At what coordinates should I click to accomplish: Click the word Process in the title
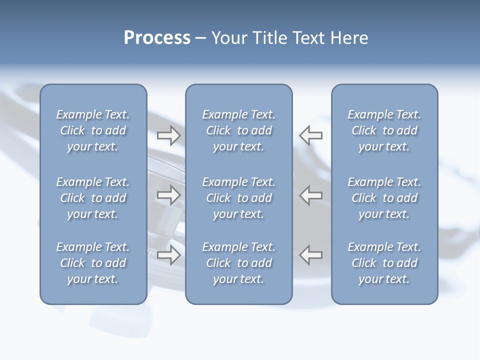coord(157,38)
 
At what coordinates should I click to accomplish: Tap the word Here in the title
coord(348,38)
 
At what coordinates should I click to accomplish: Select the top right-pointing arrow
coord(168,135)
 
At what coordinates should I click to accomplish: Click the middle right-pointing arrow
coord(168,195)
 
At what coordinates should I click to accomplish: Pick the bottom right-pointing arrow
coord(168,254)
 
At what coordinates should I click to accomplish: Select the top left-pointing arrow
coord(311,135)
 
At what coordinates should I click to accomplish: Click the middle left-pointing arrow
coord(311,195)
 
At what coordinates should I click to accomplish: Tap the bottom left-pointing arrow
coord(311,254)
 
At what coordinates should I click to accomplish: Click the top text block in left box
coord(93,130)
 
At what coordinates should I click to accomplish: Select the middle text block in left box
coord(93,198)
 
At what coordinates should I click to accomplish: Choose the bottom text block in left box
coord(93,263)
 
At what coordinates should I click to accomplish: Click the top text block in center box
coord(238,130)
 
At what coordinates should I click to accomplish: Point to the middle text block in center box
coord(238,198)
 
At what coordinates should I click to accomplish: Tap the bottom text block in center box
coord(238,263)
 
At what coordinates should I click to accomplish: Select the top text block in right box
coord(384,130)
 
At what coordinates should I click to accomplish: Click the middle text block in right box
coord(384,198)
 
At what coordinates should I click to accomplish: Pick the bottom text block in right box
coord(384,263)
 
